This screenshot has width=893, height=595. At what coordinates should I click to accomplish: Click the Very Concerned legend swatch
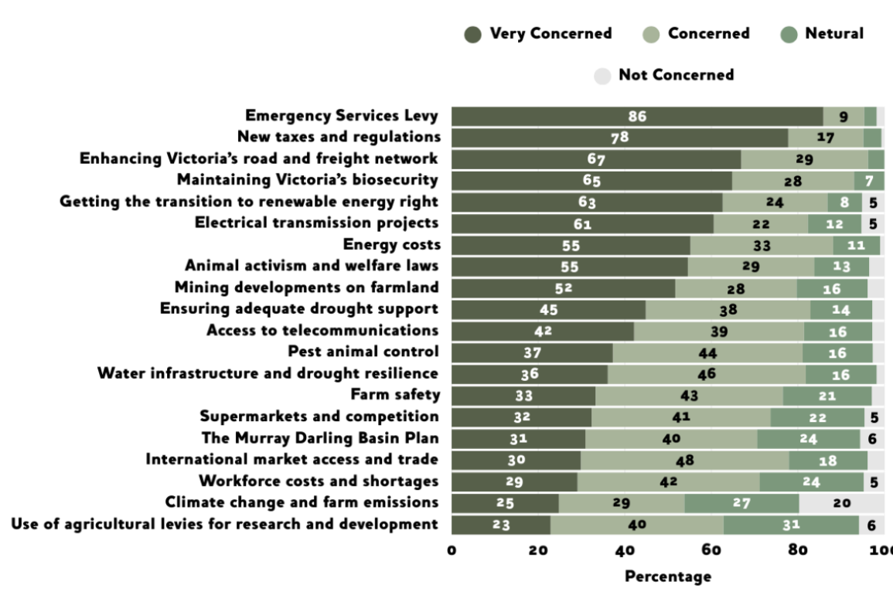tap(473, 34)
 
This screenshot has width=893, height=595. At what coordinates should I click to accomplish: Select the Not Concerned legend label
tap(676, 75)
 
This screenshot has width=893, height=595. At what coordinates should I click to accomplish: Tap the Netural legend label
tap(834, 34)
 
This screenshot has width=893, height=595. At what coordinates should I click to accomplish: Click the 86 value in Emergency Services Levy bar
tap(637, 117)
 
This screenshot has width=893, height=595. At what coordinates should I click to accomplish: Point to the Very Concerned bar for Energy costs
tap(571, 246)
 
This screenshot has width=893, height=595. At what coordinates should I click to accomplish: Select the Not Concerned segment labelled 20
tap(841, 503)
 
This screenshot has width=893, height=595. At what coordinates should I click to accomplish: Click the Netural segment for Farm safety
tap(827, 396)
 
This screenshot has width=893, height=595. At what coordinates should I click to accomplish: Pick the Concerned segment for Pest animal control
tap(707, 353)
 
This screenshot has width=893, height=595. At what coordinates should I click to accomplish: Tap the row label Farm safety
tap(395, 395)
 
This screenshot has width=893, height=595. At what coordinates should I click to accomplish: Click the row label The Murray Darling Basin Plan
tap(320, 438)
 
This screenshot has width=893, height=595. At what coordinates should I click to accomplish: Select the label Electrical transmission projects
tap(316, 223)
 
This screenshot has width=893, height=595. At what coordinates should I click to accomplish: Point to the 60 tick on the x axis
tap(711, 550)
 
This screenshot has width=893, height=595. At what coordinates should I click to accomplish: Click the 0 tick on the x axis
tap(452, 550)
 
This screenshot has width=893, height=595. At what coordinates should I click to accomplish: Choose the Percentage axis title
tap(667, 576)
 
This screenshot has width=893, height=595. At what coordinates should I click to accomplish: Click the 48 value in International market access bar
tap(684, 461)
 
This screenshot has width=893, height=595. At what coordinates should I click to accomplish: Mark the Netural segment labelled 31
tap(791, 525)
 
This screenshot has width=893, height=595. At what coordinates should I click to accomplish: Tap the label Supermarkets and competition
tap(319, 416)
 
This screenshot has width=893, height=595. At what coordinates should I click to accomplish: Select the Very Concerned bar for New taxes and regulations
tap(619, 138)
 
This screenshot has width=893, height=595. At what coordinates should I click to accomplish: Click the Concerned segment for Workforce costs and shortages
tap(668, 481)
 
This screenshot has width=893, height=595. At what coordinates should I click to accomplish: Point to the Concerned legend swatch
tap(651, 34)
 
